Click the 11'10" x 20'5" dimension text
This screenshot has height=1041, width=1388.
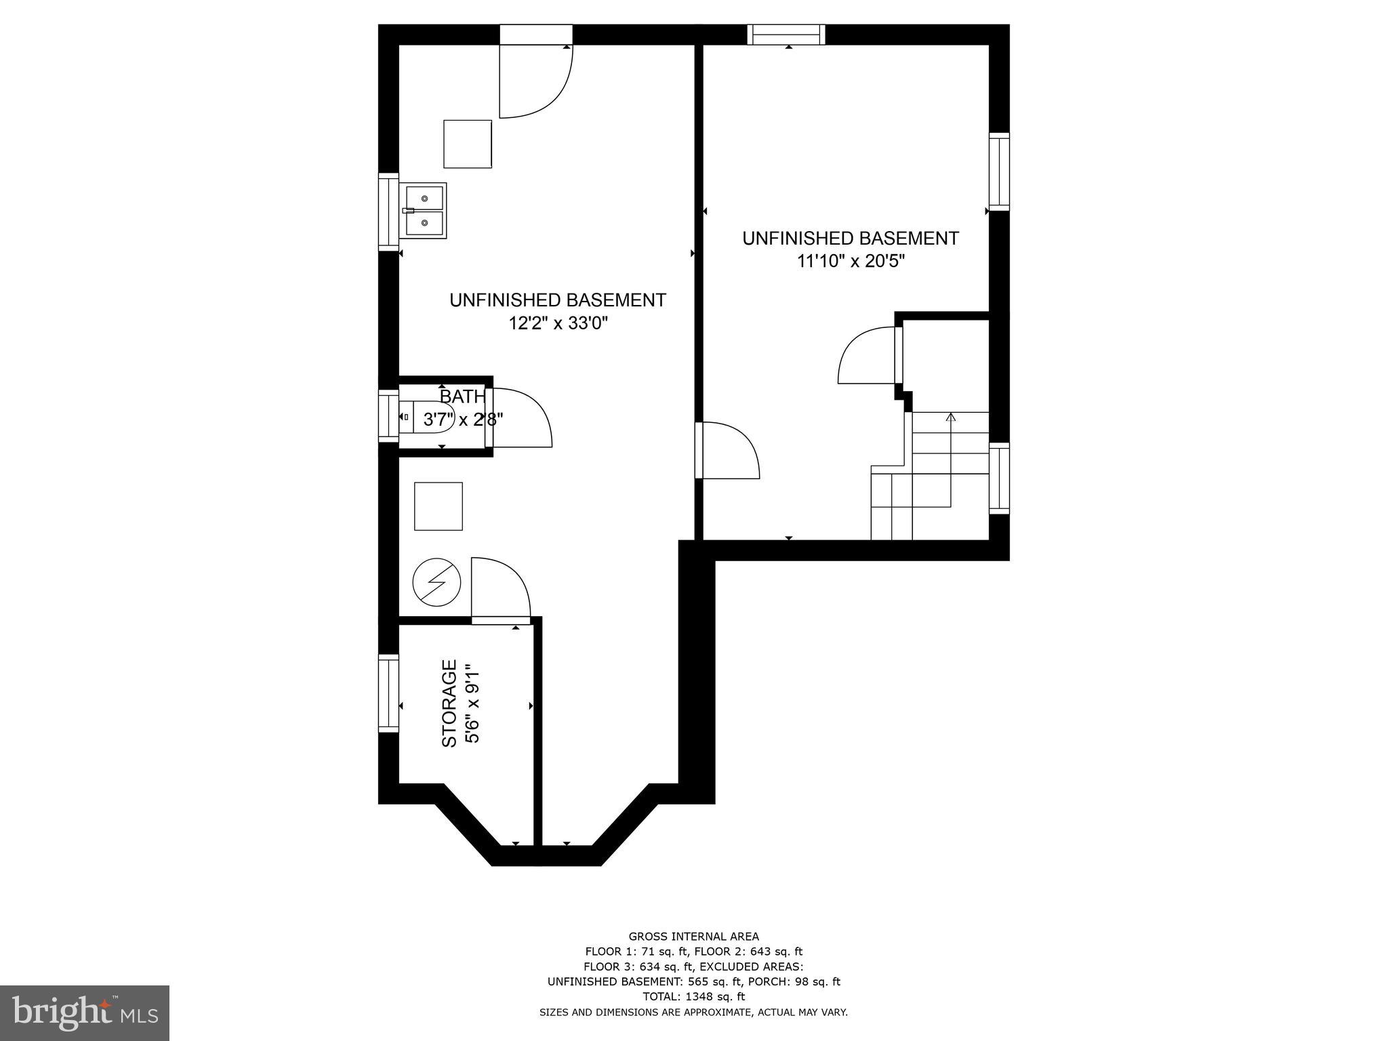tap(851, 261)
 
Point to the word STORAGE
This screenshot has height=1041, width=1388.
tap(449, 703)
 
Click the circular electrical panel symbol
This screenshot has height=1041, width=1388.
tap(437, 582)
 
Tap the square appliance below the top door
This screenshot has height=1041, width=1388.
tap(468, 144)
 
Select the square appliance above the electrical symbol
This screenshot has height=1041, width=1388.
tap(438, 506)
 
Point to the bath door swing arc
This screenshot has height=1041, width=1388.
tap(522, 417)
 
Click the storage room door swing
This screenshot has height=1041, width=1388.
tap(499, 588)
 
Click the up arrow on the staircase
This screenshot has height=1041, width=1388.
tap(950, 418)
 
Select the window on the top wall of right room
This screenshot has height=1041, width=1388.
tap(786, 35)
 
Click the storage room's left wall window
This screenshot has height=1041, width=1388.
tap(388, 693)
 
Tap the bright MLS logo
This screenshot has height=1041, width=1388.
tap(85, 1013)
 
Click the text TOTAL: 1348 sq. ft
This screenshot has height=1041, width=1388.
tap(693, 996)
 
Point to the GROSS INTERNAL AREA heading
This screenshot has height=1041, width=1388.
tap(693, 937)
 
